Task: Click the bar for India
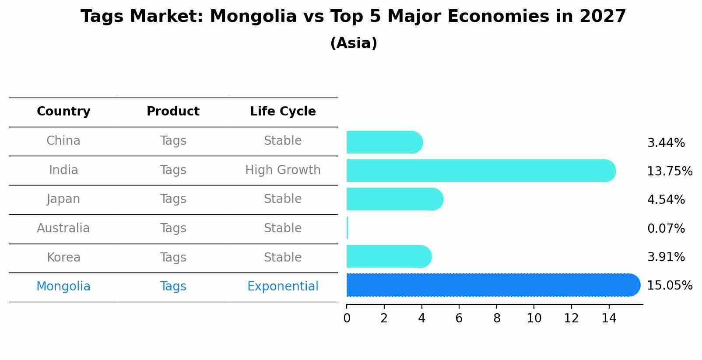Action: pyautogui.click(x=481, y=171)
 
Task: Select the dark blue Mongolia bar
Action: pyautogui.click(x=493, y=285)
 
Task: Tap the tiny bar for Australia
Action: pyautogui.click(x=347, y=228)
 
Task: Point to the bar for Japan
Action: pyautogui.click(x=394, y=199)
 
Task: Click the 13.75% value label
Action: pyautogui.click(x=669, y=171)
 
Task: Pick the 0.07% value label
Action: pyautogui.click(x=666, y=228)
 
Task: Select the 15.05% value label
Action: pyautogui.click(x=669, y=286)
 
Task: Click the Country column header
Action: pyautogui.click(x=63, y=112)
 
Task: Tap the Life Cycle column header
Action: pyautogui.click(x=283, y=112)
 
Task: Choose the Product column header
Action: pyautogui.click(x=173, y=112)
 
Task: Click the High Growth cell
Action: pyautogui.click(x=283, y=170)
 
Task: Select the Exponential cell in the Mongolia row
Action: pyautogui.click(x=283, y=287)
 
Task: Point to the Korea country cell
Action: pyautogui.click(x=63, y=257)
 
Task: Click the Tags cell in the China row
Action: pyautogui.click(x=173, y=141)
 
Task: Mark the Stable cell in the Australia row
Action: pyautogui.click(x=283, y=228)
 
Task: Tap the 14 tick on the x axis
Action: pyautogui.click(x=609, y=318)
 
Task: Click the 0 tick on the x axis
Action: pyautogui.click(x=347, y=318)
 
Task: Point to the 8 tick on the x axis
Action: pyautogui.click(x=497, y=318)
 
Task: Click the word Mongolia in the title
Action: pyautogui.click(x=253, y=17)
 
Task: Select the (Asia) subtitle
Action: pyautogui.click(x=354, y=43)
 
